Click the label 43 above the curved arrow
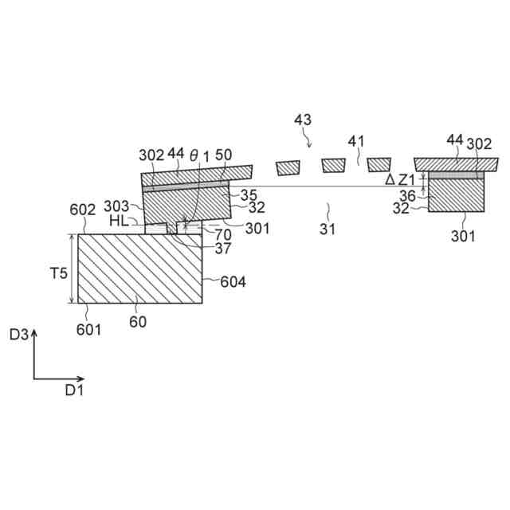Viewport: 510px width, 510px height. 302,120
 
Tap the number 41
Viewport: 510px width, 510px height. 356,141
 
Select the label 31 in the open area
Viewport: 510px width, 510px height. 328,229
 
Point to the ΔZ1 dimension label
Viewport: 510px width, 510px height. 400,180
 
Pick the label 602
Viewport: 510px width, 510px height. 82,210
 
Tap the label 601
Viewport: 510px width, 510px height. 89,328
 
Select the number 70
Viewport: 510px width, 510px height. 223,235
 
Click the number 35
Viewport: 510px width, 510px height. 249,194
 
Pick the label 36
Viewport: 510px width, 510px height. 406,194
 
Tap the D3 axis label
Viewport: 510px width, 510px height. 19,335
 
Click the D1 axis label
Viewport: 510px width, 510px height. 74,390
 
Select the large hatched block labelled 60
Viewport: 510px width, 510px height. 140,269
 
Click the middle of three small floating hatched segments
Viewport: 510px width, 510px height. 333,166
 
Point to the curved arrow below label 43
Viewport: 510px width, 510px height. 309,140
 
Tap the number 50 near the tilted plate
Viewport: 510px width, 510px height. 224,155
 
